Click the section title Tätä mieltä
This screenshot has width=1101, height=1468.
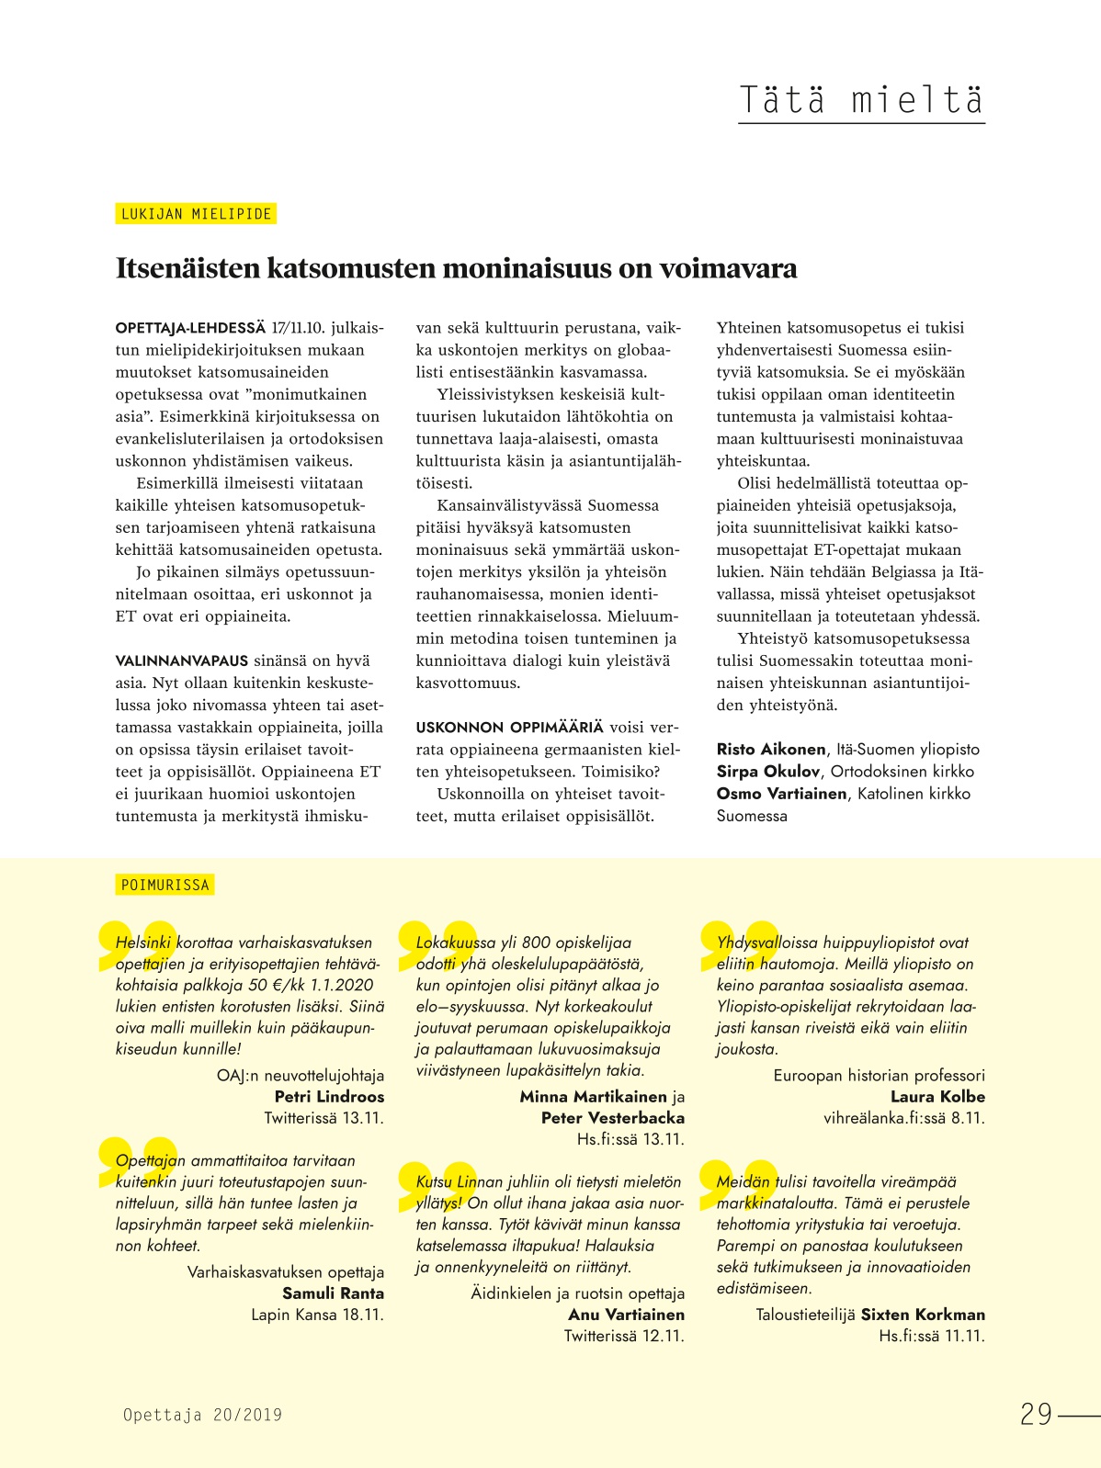pyautogui.click(x=861, y=99)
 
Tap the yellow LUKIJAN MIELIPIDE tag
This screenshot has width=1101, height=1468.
pyautogui.click(x=197, y=214)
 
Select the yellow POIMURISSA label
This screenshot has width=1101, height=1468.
pyautogui.click(x=165, y=885)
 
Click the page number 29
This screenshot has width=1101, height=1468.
pyautogui.click(x=1036, y=1414)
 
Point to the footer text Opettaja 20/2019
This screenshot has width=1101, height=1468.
pyautogui.click(x=203, y=1415)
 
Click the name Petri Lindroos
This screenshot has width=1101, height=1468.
pyautogui.click(x=329, y=1096)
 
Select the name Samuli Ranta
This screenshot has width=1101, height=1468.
pyautogui.click(x=333, y=1293)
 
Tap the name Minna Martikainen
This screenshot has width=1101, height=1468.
pyautogui.click(x=593, y=1096)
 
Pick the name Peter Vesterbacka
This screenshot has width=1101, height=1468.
pyautogui.click(x=613, y=1117)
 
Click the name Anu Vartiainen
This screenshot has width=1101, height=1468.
pyautogui.click(x=626, y=1314)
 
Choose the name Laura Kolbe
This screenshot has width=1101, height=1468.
pyautogui.click(x=937, y=1096)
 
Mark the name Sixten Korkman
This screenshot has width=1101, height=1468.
pyautogui.click(x=923, y=1314)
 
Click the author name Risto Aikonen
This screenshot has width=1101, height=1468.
pyautogui.click(x=771, y=749)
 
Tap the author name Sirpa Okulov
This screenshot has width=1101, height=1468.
pyautogui.click(x=767, y=771)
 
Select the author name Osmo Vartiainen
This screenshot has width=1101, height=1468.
pyautogui.click(x=781, y=793)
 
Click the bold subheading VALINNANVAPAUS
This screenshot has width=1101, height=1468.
pyautogui.click(x=182, y=661)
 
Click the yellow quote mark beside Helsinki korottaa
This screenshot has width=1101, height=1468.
pyautogui.click(x=136, y=944)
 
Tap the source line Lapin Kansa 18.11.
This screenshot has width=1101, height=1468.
pyautogui.click(x=317, y=1314)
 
